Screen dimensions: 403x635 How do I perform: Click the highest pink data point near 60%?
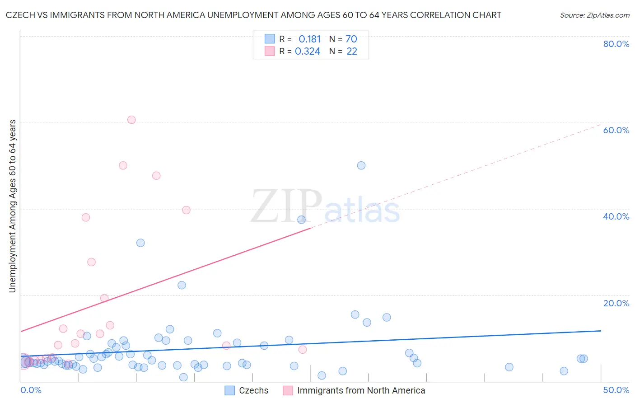(131, 120)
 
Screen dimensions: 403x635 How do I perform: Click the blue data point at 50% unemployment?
(361, 165)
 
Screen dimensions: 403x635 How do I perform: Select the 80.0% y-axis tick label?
(616, 44)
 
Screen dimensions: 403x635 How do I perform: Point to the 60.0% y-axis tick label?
(616, 130)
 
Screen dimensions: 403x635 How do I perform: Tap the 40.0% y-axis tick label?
(616, 216)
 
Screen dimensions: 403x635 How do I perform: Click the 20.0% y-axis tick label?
(616, 303)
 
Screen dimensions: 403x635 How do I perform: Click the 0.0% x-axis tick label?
(31, 390)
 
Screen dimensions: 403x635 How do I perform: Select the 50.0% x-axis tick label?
(616, 390)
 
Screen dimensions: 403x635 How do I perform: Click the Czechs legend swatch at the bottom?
(230, 390)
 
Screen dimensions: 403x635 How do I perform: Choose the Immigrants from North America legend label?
(361, 390)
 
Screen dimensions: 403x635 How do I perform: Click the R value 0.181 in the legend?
(309, 39)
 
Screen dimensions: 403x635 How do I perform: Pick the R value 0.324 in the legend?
(308, 52)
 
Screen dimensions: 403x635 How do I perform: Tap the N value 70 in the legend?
(351, 39)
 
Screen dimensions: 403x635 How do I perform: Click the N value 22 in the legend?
(352, 52)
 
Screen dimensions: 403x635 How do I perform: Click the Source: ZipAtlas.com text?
(594, 15)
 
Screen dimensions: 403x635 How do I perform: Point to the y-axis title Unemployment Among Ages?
(13, 206)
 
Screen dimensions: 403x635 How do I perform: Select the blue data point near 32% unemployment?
(140, 243)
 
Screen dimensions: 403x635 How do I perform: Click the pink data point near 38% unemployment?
(86, 217)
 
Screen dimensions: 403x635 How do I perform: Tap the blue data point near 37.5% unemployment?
(301, 220)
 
